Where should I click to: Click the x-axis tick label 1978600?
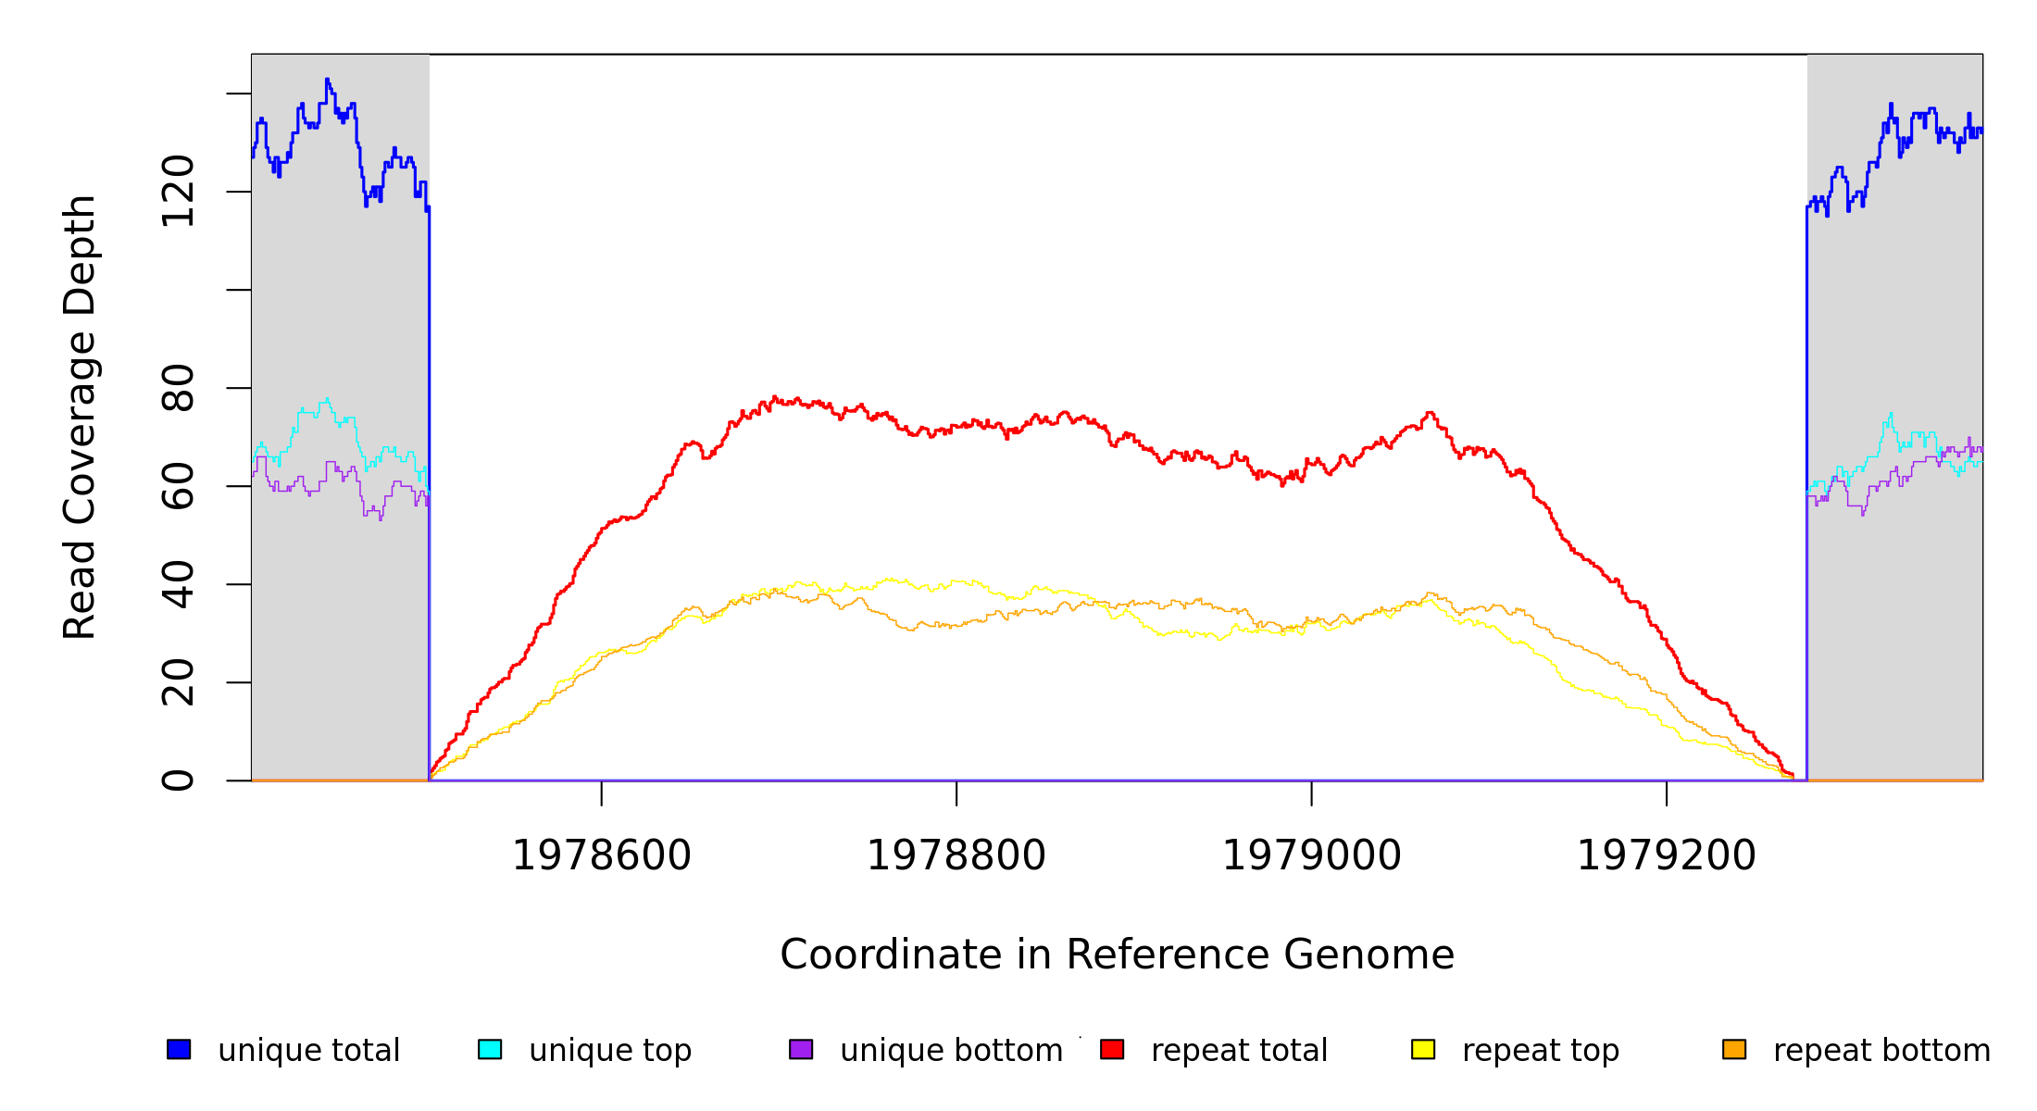[601, 855]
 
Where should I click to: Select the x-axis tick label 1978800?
[956, 855]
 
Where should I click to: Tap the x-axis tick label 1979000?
[1311, 855]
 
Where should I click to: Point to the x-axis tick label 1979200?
[1666, 855]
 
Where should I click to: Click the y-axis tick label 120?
[178, 192]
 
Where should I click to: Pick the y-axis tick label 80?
[178, 388]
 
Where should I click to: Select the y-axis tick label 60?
[178, 486]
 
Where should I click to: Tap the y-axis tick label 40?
[178, 584]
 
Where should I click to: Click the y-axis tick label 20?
[178, 682]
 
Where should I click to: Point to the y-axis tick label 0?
[178, 780]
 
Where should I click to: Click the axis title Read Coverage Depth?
[80, 417]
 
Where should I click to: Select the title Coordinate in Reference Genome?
[1117, 955]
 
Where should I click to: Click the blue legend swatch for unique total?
[179, 1049]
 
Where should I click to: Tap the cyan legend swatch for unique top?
[490, 1049]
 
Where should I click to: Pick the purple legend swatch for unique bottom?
[801, 1049]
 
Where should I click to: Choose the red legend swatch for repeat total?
[1112, 1049]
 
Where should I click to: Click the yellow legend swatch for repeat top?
[1423, 1049]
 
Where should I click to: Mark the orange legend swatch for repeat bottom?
[1734, 1049]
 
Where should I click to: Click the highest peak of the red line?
[775, 397]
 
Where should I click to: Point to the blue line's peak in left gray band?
[327, 80]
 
